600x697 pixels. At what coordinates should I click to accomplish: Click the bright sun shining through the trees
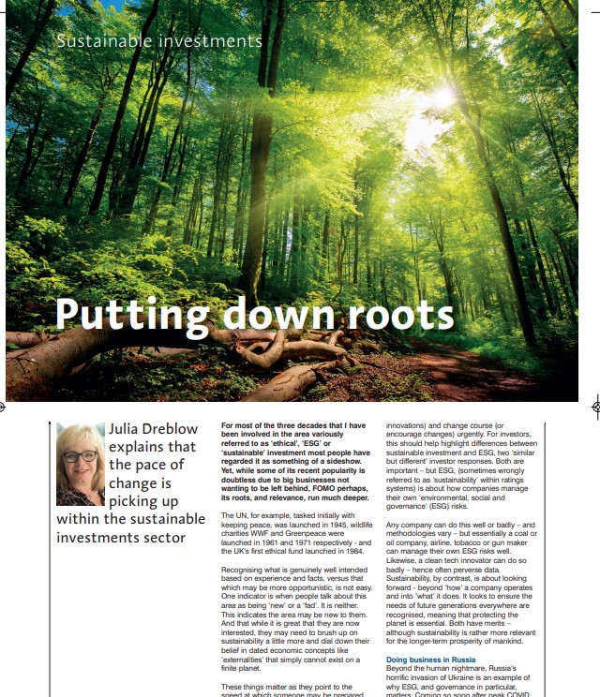[x=441, y=96]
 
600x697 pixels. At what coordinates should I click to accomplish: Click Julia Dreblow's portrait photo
[x=81, y=464]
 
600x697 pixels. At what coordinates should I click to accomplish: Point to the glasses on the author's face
[x=81, y=456]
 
